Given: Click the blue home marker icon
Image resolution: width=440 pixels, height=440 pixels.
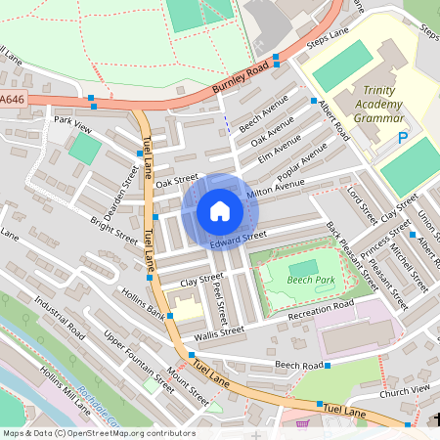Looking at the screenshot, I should (x=220, y=211).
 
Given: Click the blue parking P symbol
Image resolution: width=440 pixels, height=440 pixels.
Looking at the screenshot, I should (x=403, y=139).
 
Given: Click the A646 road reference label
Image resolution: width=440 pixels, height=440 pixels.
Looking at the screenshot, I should (x=13, y=99).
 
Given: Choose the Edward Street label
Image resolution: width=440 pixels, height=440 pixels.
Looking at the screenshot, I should (x=237, y=239).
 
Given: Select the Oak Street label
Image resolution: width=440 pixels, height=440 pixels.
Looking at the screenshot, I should (x=176, y=181).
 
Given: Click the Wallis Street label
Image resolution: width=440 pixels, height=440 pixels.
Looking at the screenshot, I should (x=218, y=332).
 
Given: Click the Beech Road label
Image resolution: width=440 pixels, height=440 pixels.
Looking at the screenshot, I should (x=298, y=365).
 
